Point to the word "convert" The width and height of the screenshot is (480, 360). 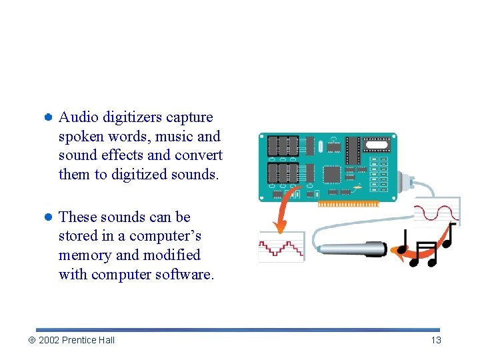coord(197,155)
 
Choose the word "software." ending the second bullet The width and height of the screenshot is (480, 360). coord(185,275)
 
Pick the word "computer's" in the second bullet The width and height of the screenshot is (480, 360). coord(165,236)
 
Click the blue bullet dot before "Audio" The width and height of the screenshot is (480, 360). coord(48,117)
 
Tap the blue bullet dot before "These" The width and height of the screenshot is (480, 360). coord(48,217)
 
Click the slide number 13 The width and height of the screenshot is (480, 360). coord(436,340)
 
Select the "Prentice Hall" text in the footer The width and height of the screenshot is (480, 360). coord(89,340)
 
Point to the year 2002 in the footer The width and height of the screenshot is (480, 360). coord(49,340)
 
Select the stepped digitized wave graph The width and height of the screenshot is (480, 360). coord(281,247)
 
